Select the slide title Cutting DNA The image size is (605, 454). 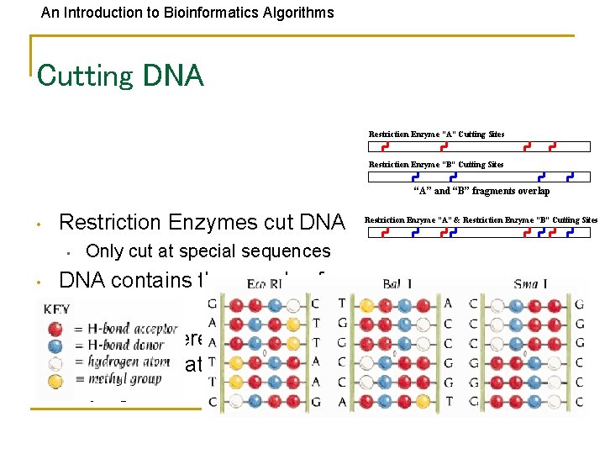click(120, 76)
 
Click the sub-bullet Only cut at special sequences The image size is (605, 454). click(208, 251)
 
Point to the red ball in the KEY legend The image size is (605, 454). click(55, 328)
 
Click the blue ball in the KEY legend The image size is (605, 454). click(55, 345)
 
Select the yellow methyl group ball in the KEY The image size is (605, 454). click(55, 378)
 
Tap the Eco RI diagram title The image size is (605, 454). click(268, 286)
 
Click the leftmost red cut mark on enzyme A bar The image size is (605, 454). click(385, 146)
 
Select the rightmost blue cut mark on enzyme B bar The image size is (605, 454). click(571, 177)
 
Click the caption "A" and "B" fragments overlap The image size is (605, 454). click(481, 192)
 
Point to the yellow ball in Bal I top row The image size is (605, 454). click(368, 303)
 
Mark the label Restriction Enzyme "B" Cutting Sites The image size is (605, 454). click(436, 165)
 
